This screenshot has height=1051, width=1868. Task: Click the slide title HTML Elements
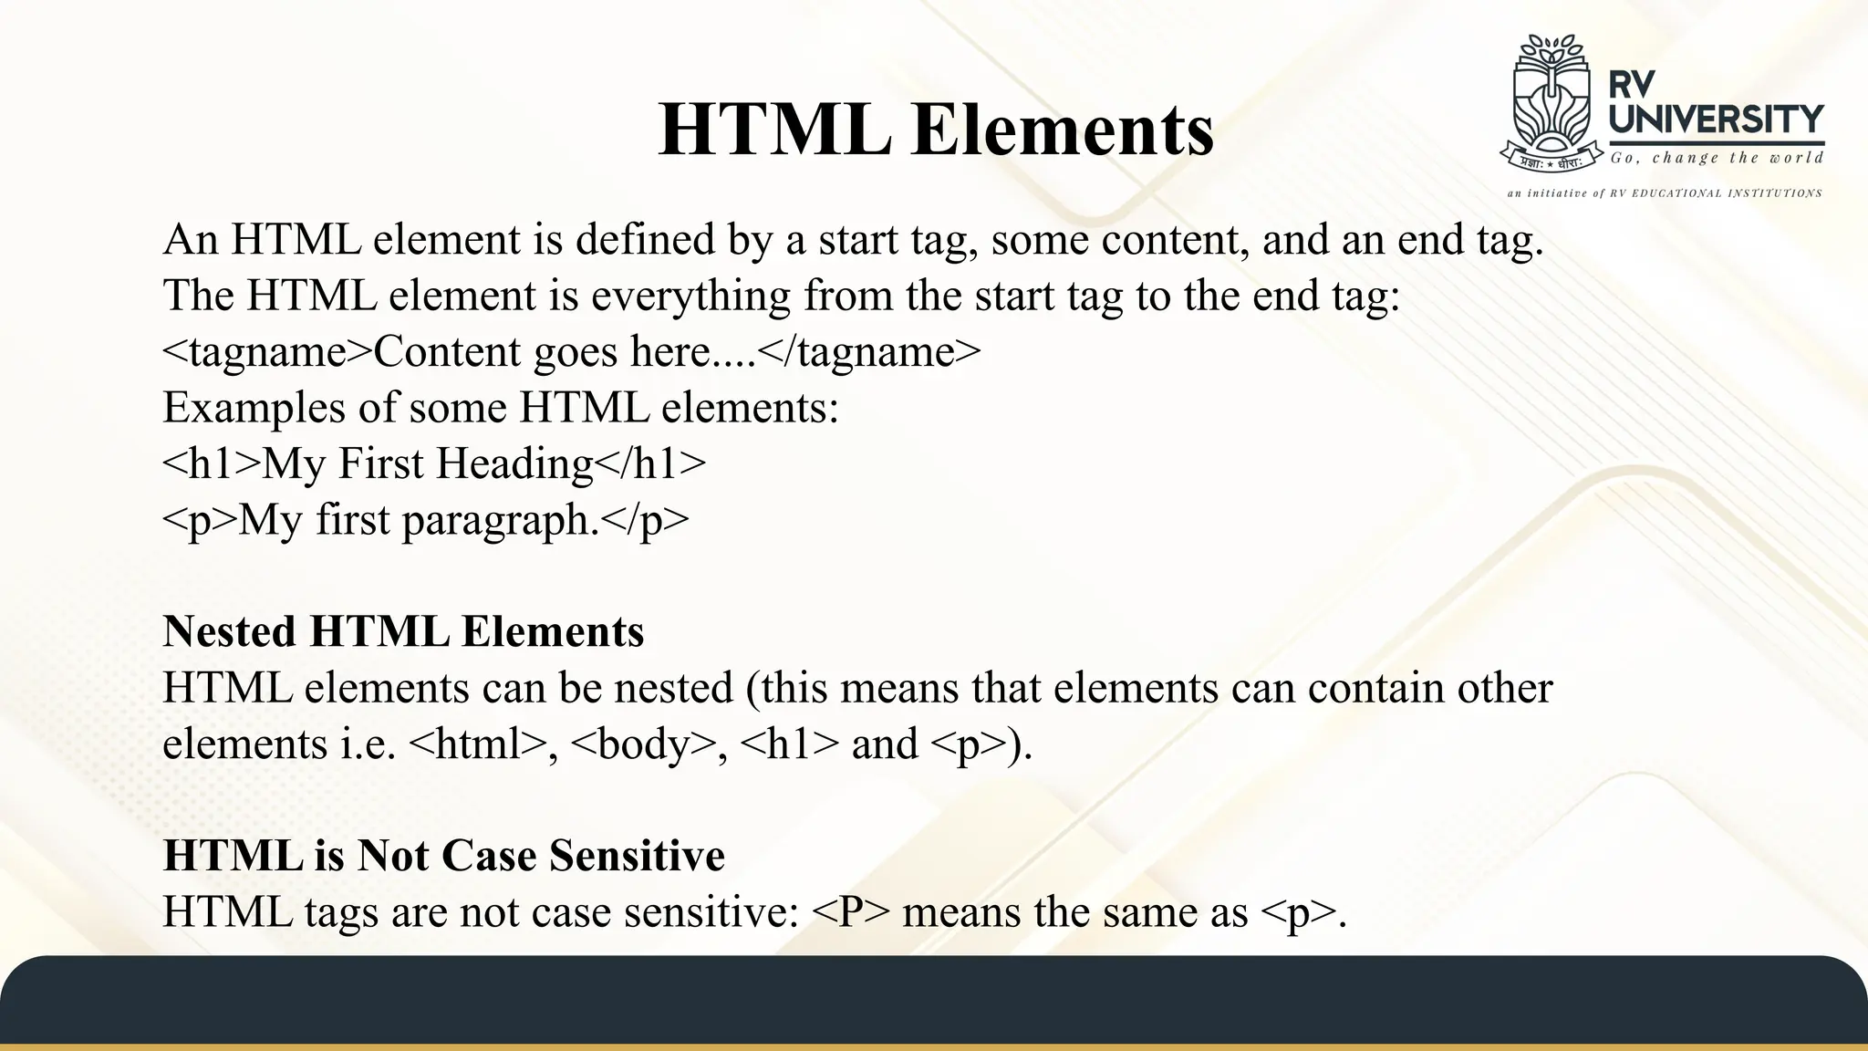point(935,130)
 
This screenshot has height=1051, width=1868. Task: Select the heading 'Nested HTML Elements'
point(403,631)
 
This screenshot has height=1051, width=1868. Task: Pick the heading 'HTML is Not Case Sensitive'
point(443,856)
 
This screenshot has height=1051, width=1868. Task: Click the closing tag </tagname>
point(869,352)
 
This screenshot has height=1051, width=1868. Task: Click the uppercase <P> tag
point(849,912)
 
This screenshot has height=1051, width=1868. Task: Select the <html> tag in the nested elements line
point(479,744)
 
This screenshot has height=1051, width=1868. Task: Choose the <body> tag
point(643,744)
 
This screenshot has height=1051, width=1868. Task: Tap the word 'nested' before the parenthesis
point(673,688)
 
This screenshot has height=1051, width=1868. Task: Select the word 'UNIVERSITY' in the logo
point(1716,120)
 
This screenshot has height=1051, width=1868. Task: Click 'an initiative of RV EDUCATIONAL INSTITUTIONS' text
point(1664,193)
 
